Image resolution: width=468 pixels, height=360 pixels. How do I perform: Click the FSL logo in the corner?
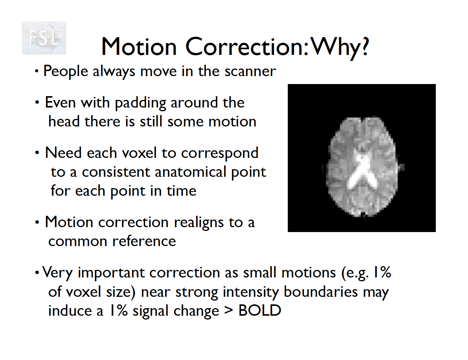tap(44, 38)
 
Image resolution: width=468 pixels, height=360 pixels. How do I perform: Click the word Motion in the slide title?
tap(139, 47)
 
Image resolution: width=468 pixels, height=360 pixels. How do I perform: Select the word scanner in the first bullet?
tap(250, 71)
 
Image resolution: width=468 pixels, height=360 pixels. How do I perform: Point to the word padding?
tap(140, 103)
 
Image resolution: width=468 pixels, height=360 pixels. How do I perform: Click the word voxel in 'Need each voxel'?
tap(139, 153)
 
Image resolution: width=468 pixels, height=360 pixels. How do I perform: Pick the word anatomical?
tap(190, 172)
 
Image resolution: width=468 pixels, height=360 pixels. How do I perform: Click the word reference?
tap(144, 242)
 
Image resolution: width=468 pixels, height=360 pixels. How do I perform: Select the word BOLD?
tap(260, 310)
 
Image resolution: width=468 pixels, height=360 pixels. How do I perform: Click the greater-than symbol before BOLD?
tap(229, 311)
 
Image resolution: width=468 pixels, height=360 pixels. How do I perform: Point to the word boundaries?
tap(321, 292)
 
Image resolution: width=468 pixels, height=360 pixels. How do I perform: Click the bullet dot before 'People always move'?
tap(37, 71)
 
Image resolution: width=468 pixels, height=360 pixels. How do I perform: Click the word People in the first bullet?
tap(66, 72)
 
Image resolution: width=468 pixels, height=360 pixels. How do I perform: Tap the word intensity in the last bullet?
tap(251, 292)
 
